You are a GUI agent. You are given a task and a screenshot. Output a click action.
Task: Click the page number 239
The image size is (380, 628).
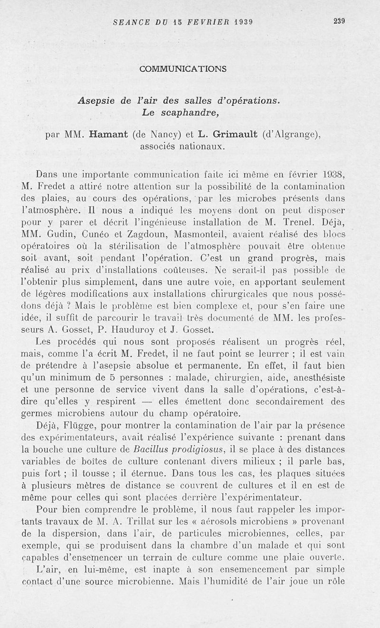338,21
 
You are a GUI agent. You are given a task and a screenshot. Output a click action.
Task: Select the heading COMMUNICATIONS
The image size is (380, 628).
183,69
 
